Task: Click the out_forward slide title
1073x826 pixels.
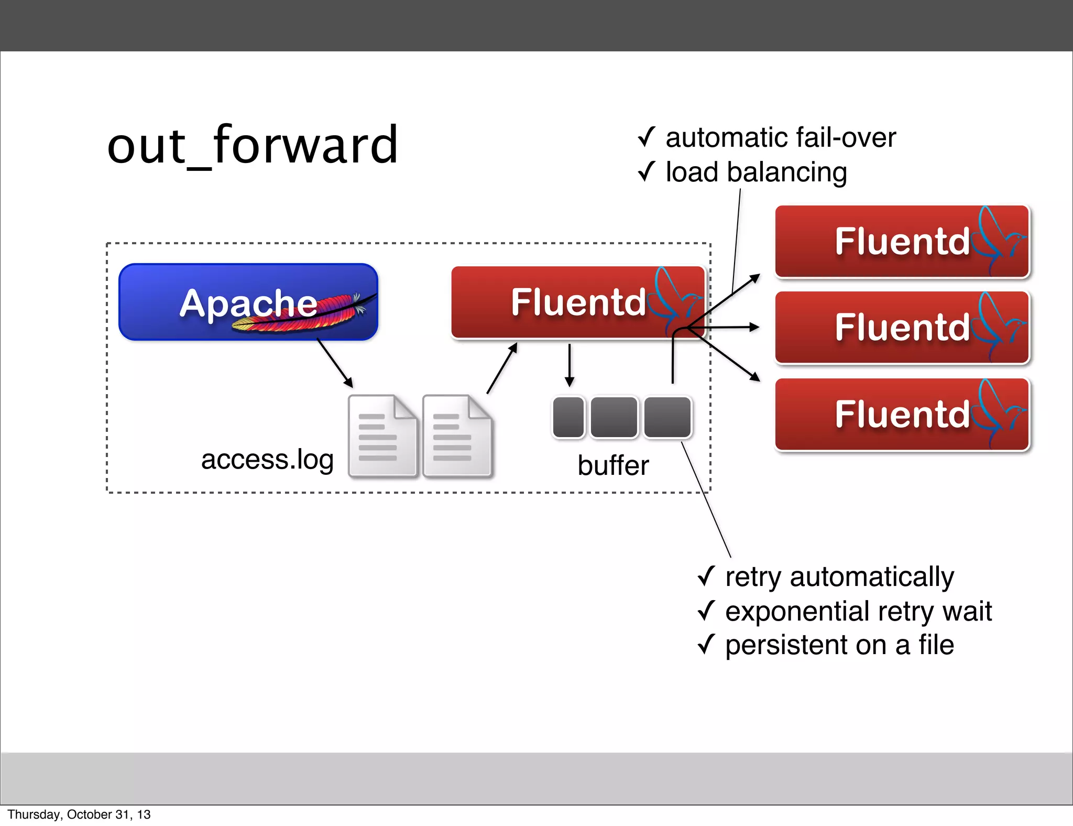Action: pyautogui.click(x=253, y=145)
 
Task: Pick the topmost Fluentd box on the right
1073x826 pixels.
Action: pyautogui.click(x=902, y=242)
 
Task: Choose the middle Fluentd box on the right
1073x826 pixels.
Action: pyautogui.click(x=902, y=328)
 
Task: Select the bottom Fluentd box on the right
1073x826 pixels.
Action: pyautogui.click(x=902, y=414)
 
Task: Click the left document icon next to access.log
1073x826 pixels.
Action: pyautogui.click(x=382, y=436)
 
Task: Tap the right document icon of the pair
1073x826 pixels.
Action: pyautogui.click(x=456, y=436)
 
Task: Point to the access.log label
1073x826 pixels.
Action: pyautogui.click(x=267, y=460)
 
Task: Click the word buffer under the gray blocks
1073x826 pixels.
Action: pyautogui.click(x=613, y=465)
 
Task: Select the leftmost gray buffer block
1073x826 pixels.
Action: pyautogui.click(x=568, y=417)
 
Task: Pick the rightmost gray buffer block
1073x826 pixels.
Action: pyautogui.click(x=667, y=417)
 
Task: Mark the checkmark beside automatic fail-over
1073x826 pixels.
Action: pyautogui.click(x=647, y=137)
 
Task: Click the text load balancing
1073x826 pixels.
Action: pyautogui.click(x=756, y=172)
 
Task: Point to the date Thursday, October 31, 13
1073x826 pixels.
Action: pyautogui.click(x=79, y=814)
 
